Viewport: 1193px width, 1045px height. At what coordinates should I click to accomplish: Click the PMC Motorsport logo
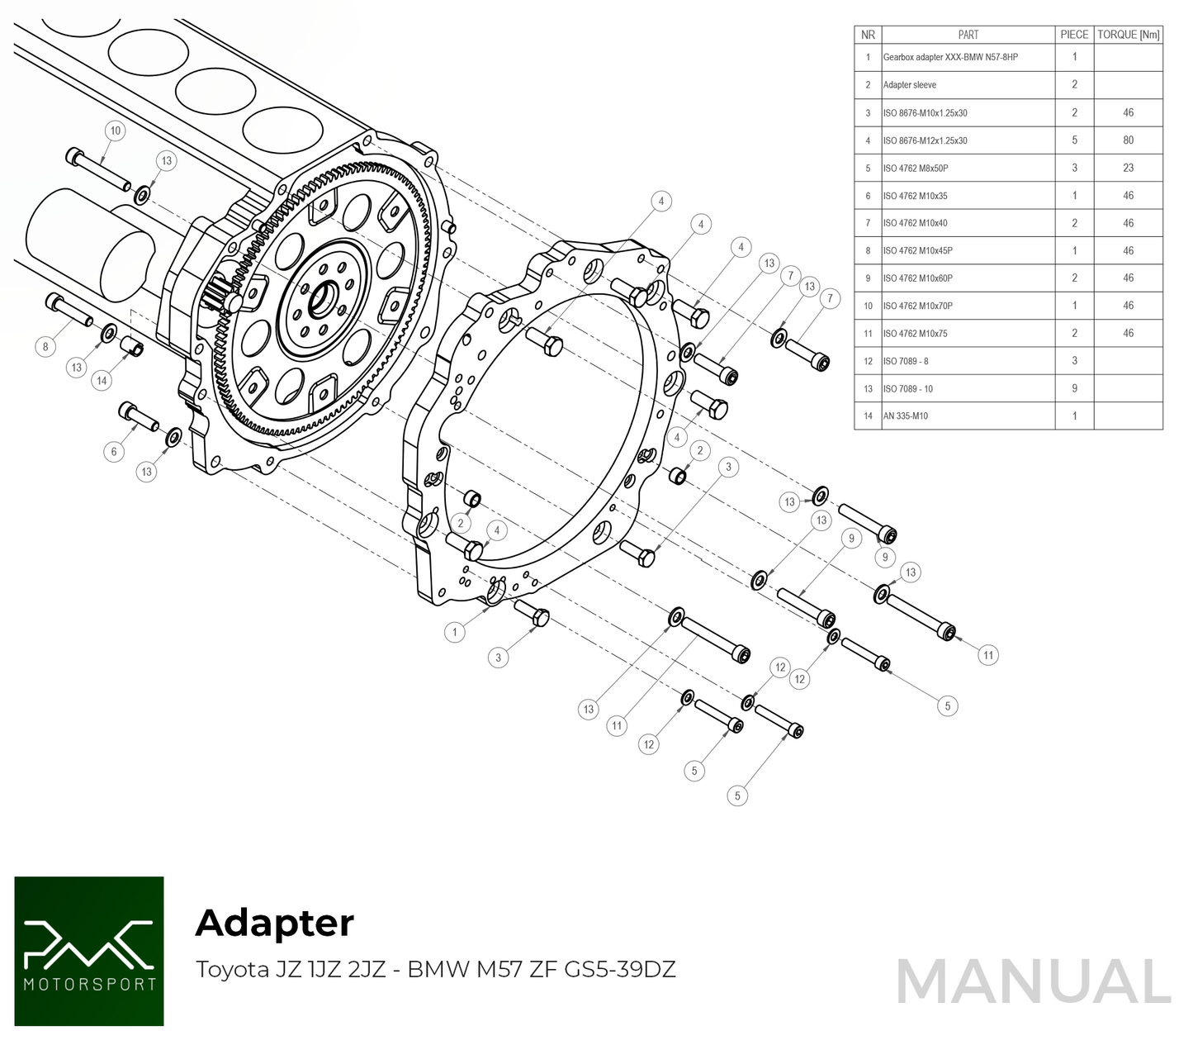89,951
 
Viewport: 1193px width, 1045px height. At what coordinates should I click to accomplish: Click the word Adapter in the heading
274,923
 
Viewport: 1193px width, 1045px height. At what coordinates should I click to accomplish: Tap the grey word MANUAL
1033,982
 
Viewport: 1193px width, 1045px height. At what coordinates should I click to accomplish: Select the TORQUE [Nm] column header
1128,35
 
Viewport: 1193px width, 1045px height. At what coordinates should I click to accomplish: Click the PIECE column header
1074,35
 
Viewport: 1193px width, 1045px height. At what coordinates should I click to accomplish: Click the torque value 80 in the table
1128,140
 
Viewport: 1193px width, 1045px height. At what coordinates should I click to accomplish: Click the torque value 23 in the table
1128,168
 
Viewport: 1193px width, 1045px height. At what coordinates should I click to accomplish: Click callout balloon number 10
116,131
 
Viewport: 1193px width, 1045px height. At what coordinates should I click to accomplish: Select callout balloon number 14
102,381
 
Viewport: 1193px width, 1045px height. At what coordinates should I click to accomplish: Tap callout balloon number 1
455,632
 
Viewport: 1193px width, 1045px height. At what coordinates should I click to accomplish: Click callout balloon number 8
46,347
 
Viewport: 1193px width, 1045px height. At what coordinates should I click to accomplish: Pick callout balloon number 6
114,451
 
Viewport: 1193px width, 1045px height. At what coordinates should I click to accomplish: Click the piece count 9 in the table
1074,388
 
